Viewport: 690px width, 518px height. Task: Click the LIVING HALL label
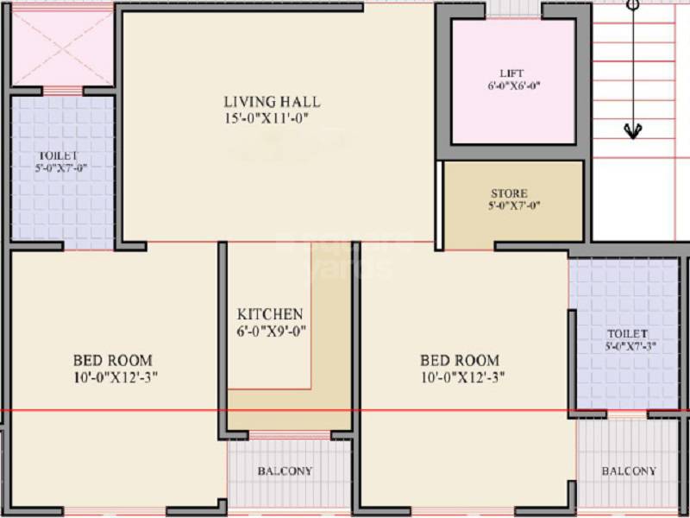coord(273,102)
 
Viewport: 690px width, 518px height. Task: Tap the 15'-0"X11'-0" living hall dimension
coord(267,117)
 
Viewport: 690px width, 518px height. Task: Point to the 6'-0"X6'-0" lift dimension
coord(513,85)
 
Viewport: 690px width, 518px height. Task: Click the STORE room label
coord(509,193)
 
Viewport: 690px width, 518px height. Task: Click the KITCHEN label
coord(270,314)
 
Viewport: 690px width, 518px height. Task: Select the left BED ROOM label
coord(112,360)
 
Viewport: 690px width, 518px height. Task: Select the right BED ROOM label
coord(459,360)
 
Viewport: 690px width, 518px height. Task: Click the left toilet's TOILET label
coord(58,156)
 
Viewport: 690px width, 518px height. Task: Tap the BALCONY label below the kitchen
coord(285,471)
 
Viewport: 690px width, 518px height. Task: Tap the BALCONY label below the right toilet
coord(629,471)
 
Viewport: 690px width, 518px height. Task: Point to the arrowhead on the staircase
coord(632,130)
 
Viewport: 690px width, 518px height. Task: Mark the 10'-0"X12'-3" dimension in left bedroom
coord(116,376)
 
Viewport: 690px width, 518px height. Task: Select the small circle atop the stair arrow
coord(632,3)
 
